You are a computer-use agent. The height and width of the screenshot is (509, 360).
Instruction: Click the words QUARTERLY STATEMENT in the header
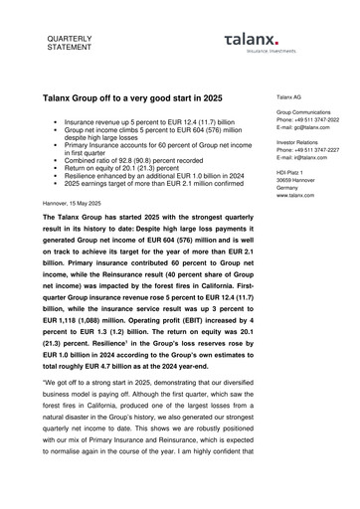point(67,41)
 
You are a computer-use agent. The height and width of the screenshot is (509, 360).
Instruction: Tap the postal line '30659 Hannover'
point(298,179)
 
